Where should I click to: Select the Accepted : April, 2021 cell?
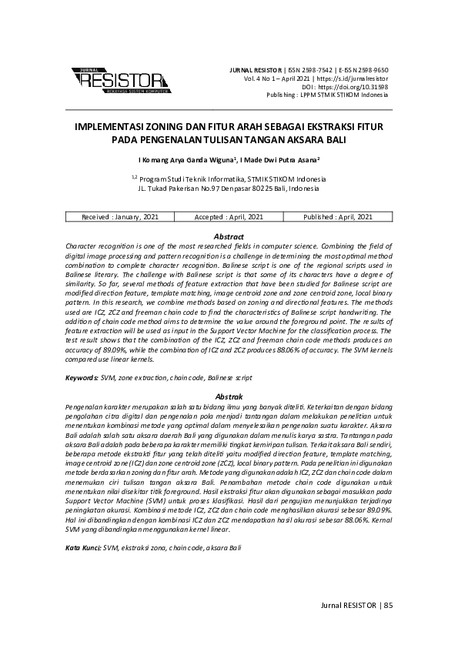pos(229,218)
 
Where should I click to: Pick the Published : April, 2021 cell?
pos(338,218)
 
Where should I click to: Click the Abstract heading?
pos(229,236)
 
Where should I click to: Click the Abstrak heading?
pos(229,396)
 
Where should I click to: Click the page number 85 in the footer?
pos(388,605)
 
